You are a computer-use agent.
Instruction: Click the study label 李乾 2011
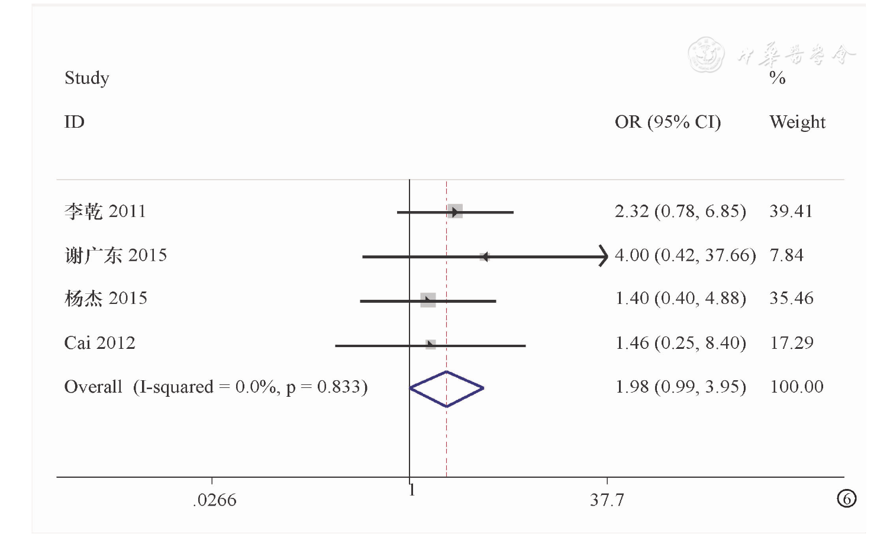[x=105, y=211]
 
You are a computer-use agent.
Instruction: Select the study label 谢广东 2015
[x=115, y=255]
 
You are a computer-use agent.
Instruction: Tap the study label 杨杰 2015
[x=105, y=299]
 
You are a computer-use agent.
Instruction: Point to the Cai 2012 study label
[x=99, y=343]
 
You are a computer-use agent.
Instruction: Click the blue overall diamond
[x=447, y=388]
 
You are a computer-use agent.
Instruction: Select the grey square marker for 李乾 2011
[x=454, y=212]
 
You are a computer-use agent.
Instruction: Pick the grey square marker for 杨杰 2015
[x=428, y=300]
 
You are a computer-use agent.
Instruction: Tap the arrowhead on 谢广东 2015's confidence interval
[x=604, y=256]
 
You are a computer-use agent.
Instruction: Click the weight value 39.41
[x=791, y=211]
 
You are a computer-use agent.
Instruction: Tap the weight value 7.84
[x=786, y=255]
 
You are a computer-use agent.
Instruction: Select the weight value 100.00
[x=797, y=387]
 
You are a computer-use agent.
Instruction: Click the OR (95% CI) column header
[x=667, y=122]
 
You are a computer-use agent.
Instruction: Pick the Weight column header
[x=797, y=122]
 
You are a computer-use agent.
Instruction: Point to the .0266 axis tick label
[x=214, y=500]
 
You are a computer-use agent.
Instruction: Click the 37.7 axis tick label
[x=607, y=500]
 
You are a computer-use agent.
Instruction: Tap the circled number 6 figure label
[x=847, y=499]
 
